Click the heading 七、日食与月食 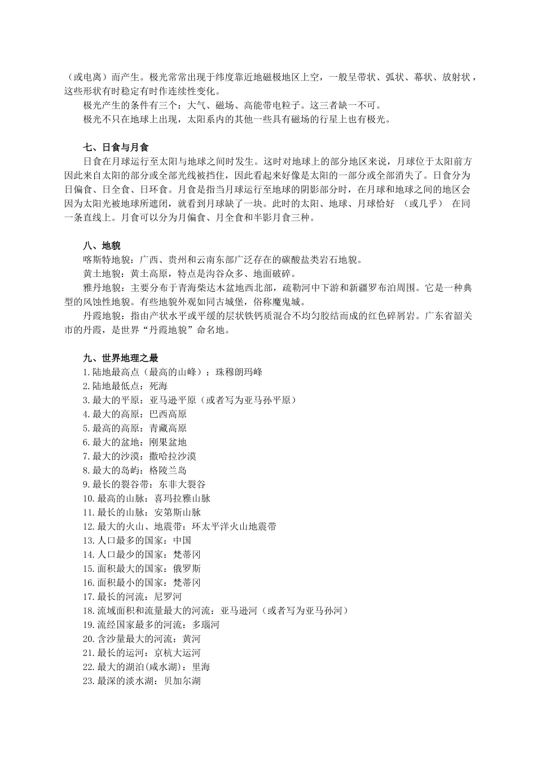pyautogui.click(x=116, y=147)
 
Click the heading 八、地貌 pyautogui.click(x=102, y=246)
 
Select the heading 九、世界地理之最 pyautogui.click(x=120, y=358)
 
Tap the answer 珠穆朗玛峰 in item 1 pyautogui.click(x=239, y=372)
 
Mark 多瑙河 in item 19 pyautogui.click(x=205, y=625)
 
